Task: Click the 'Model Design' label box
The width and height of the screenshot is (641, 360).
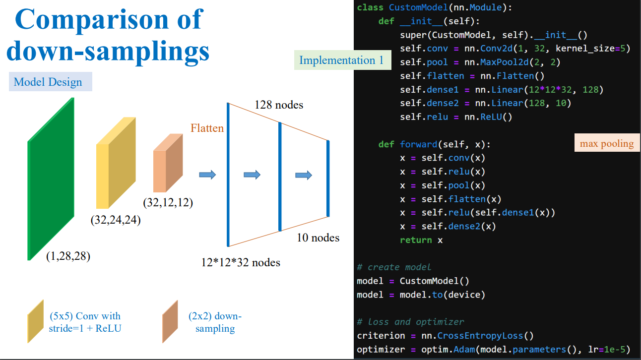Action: (x=51, y=82)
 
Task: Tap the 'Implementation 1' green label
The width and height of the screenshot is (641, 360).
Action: (x=342, y=60)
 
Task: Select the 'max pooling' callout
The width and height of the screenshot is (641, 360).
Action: (x=607, y=143)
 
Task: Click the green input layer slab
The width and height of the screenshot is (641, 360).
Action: (x=51, y=179)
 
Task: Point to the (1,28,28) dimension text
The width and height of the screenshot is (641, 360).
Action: (x=68, y=256)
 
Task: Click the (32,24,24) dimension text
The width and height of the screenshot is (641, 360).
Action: (x=116, y=220)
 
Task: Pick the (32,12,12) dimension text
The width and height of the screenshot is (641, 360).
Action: (x=168, y=202)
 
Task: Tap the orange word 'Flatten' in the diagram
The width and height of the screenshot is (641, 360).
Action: (x=207, y=128)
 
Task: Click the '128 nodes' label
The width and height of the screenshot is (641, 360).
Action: (x=279, y=105)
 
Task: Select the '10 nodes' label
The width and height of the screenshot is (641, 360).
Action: (x=318, y=238)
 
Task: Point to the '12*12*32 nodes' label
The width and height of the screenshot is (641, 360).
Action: (x=241, y=262)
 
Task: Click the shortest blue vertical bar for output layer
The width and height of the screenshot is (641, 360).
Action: (x=328, y=179)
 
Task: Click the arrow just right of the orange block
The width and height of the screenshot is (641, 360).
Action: (x=207, y=175)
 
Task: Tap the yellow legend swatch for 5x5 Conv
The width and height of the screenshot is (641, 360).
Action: (x=36, y=321)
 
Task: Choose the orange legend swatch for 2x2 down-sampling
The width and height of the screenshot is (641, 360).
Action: (x=170, y=321)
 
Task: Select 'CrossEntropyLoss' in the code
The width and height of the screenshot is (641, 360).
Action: (x=480, y=336)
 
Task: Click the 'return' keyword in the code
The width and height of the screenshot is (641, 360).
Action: (x=416, y=240)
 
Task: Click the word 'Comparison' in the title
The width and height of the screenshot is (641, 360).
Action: (x=92, y=19)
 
